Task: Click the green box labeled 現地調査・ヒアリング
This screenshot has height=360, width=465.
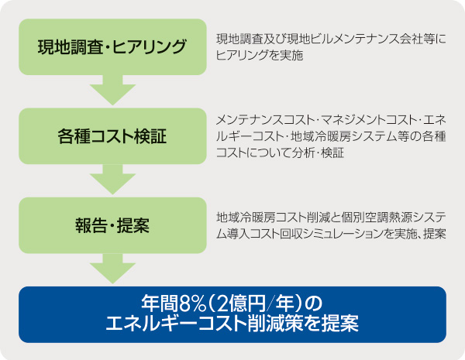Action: tap(112, 46)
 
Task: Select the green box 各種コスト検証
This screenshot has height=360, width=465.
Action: tap(112, 137)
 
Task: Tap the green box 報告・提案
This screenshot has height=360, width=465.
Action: tap(112, 225)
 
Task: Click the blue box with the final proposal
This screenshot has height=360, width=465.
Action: tap(232, 314)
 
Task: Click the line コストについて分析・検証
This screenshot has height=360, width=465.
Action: tap(281, 152)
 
